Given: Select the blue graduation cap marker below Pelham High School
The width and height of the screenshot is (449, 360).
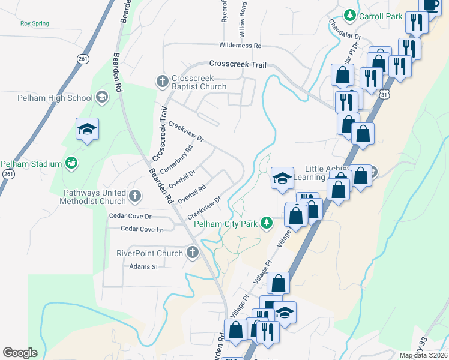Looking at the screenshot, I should point(87,129).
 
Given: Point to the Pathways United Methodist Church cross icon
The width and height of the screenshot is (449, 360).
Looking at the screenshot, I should point(135,195).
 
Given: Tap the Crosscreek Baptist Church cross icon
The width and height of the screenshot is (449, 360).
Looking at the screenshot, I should point(161,80).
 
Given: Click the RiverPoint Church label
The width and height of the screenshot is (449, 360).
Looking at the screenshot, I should point(149,253).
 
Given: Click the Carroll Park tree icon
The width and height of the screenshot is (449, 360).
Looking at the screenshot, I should point(349,14).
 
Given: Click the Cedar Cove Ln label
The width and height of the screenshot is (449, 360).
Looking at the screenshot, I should point(142,229).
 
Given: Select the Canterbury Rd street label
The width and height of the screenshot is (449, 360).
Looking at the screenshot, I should point(176,160).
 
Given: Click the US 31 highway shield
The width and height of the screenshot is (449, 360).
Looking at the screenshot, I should point(384,94).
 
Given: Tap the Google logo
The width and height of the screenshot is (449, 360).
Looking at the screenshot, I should point(20,353).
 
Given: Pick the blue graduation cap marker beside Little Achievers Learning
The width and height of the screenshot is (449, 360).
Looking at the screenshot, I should point(282,178).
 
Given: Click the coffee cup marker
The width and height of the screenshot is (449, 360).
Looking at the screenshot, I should point(431,5).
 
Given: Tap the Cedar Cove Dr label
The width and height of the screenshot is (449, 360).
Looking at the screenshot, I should point(130,216).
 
